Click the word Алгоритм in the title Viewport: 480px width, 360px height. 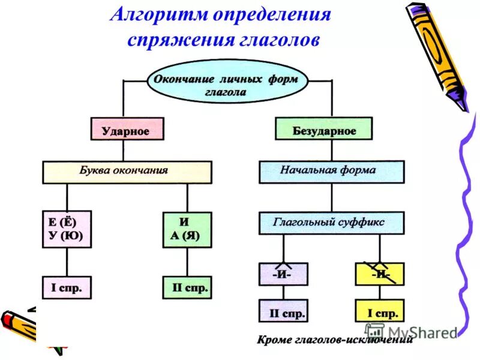click(158, 14)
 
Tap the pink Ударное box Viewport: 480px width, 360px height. click(126, 130)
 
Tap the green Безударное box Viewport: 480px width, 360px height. click(324, 130)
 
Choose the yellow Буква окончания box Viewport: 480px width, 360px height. click(127, 171)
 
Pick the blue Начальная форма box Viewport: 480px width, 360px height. click(331, 171)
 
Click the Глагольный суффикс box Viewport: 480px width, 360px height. click(331, 223)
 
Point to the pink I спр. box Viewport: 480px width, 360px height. click(67, 288)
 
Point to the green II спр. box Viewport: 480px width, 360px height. click(187, 288)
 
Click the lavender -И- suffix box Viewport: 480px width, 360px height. click(283, 274)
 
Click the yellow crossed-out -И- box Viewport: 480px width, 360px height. click(379, 274)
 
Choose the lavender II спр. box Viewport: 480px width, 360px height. click(283, 311)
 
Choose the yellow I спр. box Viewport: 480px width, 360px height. click(379, 311)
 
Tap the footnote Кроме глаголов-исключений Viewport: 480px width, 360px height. click(335, 340)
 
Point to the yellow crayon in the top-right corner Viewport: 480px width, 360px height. click(436, 54)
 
